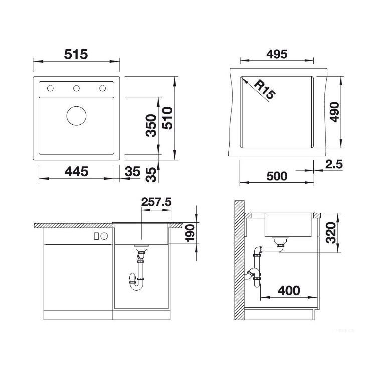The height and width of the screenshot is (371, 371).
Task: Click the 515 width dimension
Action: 76,54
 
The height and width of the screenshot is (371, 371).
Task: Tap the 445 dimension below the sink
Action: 76,171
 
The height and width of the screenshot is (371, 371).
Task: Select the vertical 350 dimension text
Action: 151,126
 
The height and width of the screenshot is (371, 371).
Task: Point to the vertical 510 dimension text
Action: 167,118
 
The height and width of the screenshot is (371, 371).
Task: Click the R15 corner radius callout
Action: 265,89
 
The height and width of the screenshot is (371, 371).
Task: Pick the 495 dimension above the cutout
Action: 277,54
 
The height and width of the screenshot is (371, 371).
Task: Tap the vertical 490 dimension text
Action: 334,112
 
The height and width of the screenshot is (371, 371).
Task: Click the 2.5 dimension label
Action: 334,164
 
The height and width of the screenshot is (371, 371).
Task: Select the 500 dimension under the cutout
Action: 277,176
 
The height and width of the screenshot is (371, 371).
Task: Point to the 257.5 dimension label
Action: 156,202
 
